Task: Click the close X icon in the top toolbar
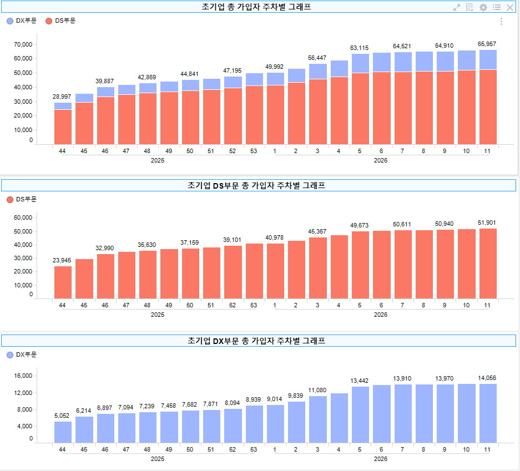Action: pos(510,7)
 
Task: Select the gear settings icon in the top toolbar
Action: pos(483,7)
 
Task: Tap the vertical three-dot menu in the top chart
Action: pos(502,21)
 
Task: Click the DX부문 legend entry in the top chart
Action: pos(22,21)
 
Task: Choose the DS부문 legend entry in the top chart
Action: pos(60,21)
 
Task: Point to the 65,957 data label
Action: pos(487,44)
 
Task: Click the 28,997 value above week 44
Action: pos(63,97)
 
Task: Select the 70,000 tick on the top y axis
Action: pos(23,44)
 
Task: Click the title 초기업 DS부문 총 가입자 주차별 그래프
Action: pos(256,186)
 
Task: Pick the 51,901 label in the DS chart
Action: pos(487,222)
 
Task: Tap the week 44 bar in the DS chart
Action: pos(63,282)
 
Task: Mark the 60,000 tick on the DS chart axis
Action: pos(23,218)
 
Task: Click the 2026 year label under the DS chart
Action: pos(380,315)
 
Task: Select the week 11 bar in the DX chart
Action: pos(487,413)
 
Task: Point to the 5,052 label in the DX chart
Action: pos(63,416)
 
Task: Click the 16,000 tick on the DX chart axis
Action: pos(23,376)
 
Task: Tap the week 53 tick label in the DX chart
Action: pos(254,449)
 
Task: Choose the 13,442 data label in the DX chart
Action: pos(360,381)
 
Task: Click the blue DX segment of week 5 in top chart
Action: pos(360,63)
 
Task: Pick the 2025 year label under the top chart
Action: pos(158,160)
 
